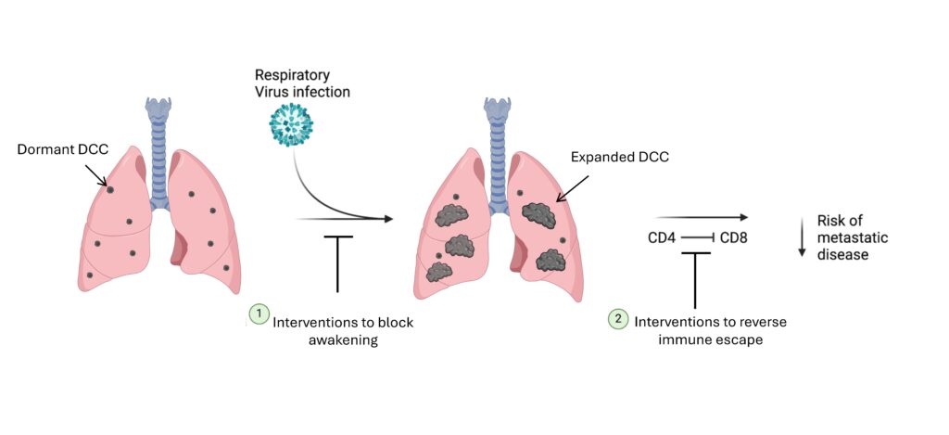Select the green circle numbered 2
(617, 318)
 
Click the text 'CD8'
(734, 238)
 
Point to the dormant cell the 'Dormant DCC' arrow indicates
(111, 189)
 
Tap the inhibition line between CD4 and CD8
(698, 238)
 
